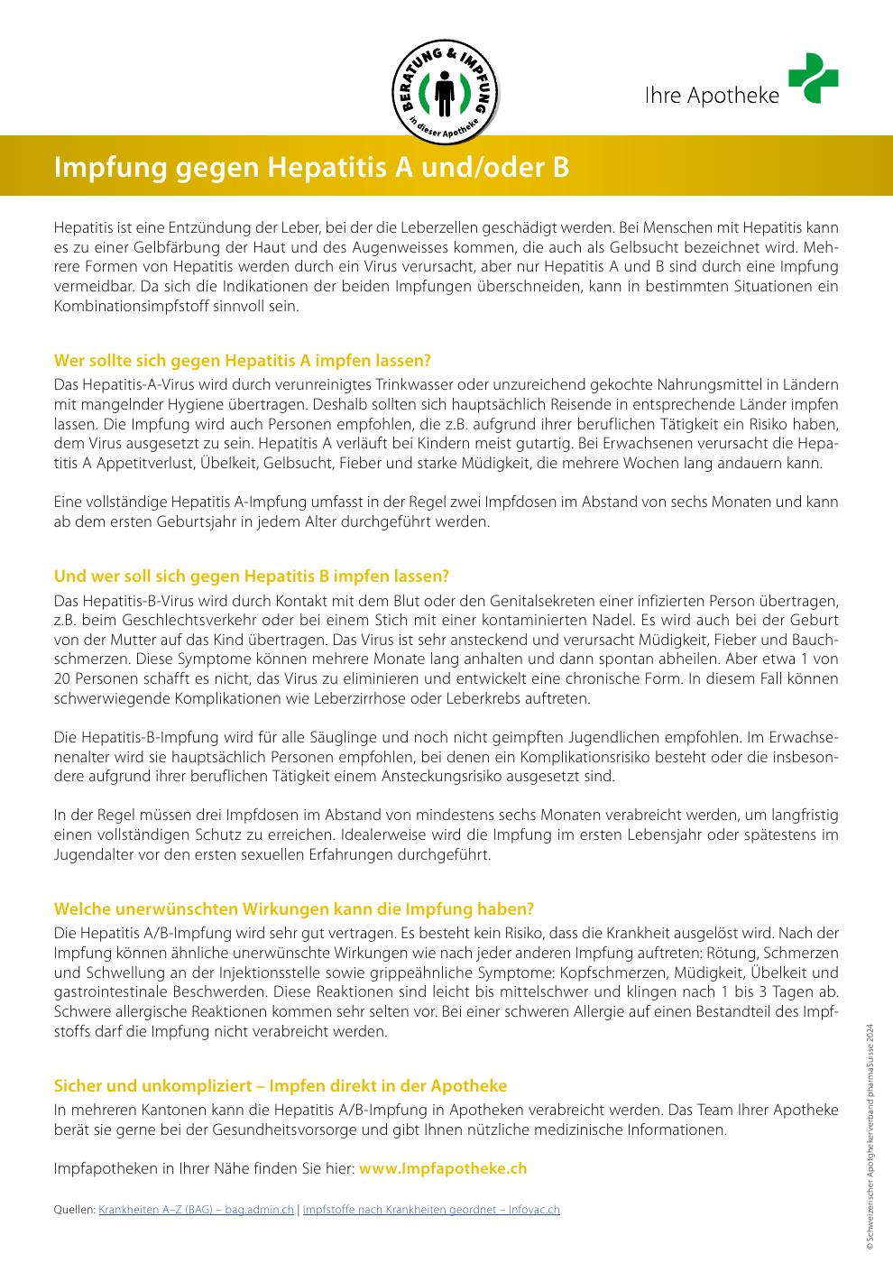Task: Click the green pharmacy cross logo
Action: click(x=813, y=78)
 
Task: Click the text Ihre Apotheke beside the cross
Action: click(x=712, y=96)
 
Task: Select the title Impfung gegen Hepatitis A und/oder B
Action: click(x=312, y=168)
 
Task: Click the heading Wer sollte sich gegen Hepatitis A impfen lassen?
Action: click(x=243, y=361)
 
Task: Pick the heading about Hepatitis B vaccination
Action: click(x=252, y=576)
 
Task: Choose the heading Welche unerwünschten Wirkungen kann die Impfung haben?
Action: click(x=294, y=908)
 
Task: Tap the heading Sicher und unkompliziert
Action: click(x=281, y=1086)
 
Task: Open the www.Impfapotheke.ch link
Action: click(x=443, y=1168)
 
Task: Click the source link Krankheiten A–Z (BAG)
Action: click(x=196, y=1210)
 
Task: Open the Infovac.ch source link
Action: click(x=431, y=1210)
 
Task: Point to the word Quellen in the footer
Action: click(x=74, y=1210)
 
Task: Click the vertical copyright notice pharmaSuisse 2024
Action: click(x=870, y=1137)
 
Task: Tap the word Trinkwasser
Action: click(x=439, y=383)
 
